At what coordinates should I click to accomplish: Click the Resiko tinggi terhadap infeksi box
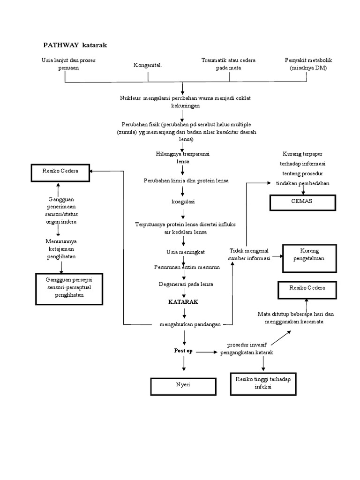pos(263,383)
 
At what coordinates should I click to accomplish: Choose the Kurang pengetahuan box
pos(309,258)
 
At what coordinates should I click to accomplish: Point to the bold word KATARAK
pos(183,302)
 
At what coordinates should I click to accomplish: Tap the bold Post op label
pos(183,351)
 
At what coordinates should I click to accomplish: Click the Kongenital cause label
pos(148,66)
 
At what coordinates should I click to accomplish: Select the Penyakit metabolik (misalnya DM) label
pos(308,64)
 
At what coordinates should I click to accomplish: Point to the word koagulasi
pos(183,202)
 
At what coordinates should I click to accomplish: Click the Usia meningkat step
pos(183,252)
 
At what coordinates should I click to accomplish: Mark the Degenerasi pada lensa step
pos(183,284)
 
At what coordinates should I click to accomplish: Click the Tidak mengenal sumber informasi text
pos(249,255)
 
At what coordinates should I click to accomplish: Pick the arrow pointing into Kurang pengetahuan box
pos(275,256)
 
